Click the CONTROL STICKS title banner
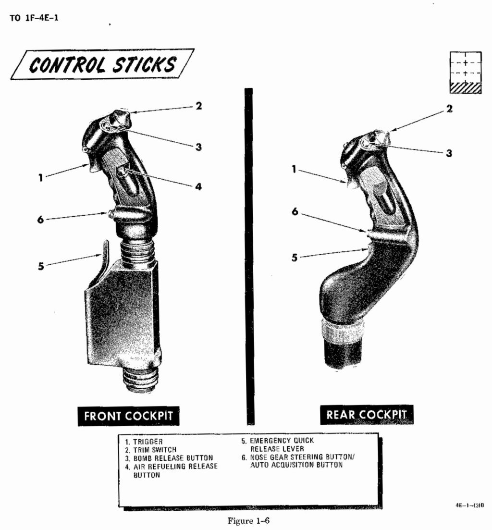point(102,64)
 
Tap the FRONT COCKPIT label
point(128,416)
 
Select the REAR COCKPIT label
point(367,414)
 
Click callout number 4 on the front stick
point(198,186)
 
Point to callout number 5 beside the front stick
point(41,266)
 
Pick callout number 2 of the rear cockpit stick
point(449,109)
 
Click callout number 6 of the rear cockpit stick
point(295,212)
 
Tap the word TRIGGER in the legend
point(148,442)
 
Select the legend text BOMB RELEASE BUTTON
point(173,458)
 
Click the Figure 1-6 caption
point(248,520)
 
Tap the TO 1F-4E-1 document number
point(34,18)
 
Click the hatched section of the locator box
point(465,87)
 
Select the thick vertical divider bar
point(249,256)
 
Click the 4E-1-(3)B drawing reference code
point(469,505)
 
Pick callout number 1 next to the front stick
point(40,177)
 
